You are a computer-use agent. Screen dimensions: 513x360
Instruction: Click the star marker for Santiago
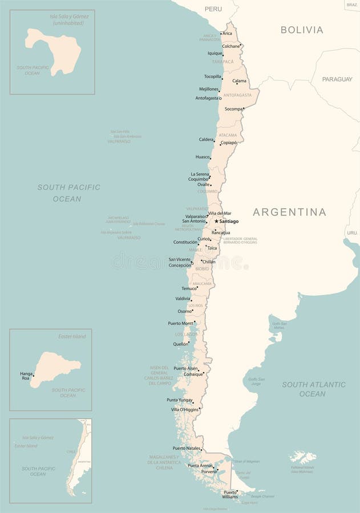click(216, 221)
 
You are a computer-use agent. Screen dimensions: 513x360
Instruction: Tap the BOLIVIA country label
click(302, 30)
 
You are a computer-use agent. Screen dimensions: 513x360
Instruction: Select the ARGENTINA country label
click(289, 212)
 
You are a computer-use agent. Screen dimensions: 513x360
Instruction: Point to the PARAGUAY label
click(337, 79)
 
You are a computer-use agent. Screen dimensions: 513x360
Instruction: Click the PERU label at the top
click(213, 9)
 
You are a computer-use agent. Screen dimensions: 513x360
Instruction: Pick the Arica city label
click(228, 34)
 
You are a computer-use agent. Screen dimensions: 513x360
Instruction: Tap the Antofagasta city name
click(207, 98)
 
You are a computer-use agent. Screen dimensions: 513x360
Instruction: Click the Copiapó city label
click(229, 142)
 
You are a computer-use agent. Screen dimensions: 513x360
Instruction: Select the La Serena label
click(200, 174)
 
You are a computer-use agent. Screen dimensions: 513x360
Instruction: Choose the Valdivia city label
click(183, 299)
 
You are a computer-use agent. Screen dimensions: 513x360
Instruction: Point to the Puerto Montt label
click(180, 323)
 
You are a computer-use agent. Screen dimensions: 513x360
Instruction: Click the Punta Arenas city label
click(200, 466)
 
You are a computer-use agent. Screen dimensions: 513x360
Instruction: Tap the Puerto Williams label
click(230, 494)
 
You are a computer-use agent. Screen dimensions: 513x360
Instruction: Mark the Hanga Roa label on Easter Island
click(26, 376)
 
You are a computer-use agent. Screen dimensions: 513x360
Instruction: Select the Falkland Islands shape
click(302, 457)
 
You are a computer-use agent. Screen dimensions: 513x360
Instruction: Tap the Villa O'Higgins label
click(185, 409)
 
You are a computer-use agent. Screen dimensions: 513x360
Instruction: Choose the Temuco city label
click(189, 288)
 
